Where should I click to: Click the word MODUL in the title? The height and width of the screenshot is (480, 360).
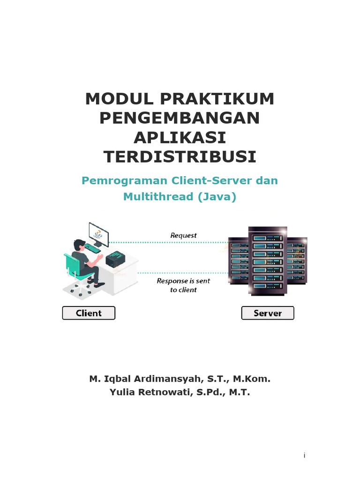click(x=120, y=99)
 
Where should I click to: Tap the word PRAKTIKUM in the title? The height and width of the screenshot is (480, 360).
click(x=217, y=99)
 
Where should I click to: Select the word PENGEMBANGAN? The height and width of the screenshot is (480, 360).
click(x=180, y=118)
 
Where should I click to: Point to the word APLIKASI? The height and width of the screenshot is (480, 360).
click(x=180, y=137)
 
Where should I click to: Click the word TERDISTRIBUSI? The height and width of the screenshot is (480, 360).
click(x=180, y=157)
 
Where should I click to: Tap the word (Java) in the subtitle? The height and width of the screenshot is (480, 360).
click(x=217, y=196)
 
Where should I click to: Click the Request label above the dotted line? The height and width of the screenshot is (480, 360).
click(x=183, y=235)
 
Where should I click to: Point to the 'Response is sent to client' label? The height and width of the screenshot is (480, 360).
click(x=183, y=285)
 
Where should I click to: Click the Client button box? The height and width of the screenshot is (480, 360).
click(x=89, y=313)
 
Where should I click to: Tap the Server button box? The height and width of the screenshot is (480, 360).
click(x=268, y=313)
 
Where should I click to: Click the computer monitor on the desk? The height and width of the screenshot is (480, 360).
click(x=98, y=234)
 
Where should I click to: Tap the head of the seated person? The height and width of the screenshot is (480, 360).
click(x=79, y=245)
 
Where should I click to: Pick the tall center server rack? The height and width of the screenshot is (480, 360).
click(x=268, y=261)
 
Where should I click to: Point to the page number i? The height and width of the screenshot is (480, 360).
click(x=304, y=456)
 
